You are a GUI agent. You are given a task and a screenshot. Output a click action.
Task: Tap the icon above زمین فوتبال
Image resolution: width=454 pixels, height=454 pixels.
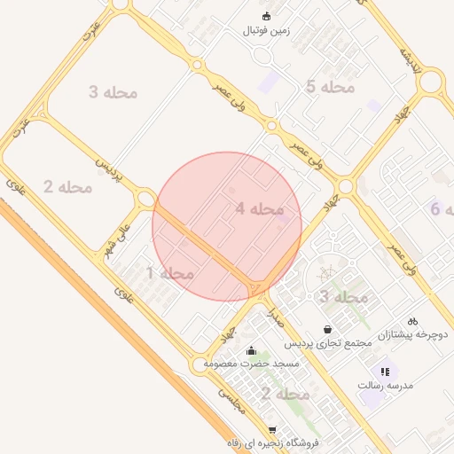pos(267,16)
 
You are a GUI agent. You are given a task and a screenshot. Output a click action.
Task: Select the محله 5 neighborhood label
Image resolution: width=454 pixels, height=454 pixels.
pos(330,87)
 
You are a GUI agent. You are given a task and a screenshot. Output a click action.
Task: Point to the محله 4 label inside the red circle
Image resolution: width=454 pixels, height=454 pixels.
pos(260,209)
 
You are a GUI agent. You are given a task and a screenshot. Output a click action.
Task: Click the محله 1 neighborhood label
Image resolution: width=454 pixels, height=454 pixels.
pos(170,273)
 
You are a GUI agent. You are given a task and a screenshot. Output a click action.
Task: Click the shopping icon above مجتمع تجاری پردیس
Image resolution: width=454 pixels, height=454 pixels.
pos(329,329)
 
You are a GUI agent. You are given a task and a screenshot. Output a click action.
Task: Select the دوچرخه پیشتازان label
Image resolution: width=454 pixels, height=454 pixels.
pos(414,335)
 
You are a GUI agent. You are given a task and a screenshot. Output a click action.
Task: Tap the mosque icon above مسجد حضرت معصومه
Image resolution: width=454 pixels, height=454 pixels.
pos(252,350)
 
